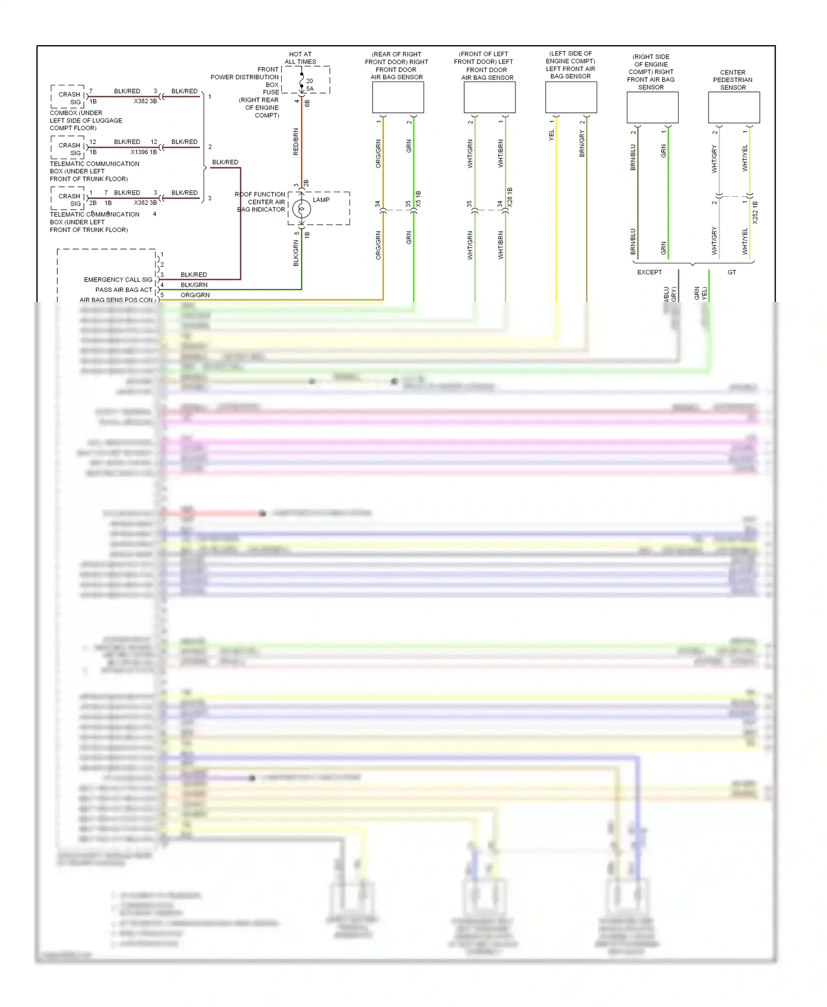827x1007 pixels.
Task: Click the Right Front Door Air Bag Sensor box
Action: coord(398,98)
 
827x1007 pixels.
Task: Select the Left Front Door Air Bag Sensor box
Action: coord(489,98)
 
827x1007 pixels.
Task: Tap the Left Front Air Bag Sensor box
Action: coord(571,97)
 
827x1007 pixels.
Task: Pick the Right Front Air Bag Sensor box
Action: coord(652,107)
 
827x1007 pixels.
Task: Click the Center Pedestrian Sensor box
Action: coord(733,107)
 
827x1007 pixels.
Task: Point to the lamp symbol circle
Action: coord(301,209)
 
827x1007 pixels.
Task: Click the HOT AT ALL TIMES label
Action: coord(300,58)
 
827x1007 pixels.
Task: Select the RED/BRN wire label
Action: coord(296,142)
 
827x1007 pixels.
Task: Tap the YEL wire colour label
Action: coord(551,135)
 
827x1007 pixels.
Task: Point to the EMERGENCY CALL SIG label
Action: coord(118,280)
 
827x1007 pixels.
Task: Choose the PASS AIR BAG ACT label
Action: coord(123,290)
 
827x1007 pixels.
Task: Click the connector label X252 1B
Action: coord(755,213)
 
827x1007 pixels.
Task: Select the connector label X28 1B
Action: coord(510,197)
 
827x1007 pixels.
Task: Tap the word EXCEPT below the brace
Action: coord(649,272)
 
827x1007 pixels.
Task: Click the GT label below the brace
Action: coord(732,272)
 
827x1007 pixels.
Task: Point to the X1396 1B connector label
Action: coord(143,152)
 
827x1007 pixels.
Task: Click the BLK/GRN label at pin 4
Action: coord(194,285)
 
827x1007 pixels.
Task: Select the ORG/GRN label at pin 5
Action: coord(195,295)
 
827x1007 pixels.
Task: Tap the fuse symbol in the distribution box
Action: coord(302,83)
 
